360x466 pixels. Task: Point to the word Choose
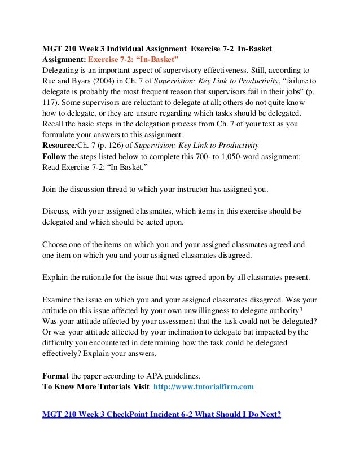pos(56,245)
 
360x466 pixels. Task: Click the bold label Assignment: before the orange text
pos(64,59)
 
